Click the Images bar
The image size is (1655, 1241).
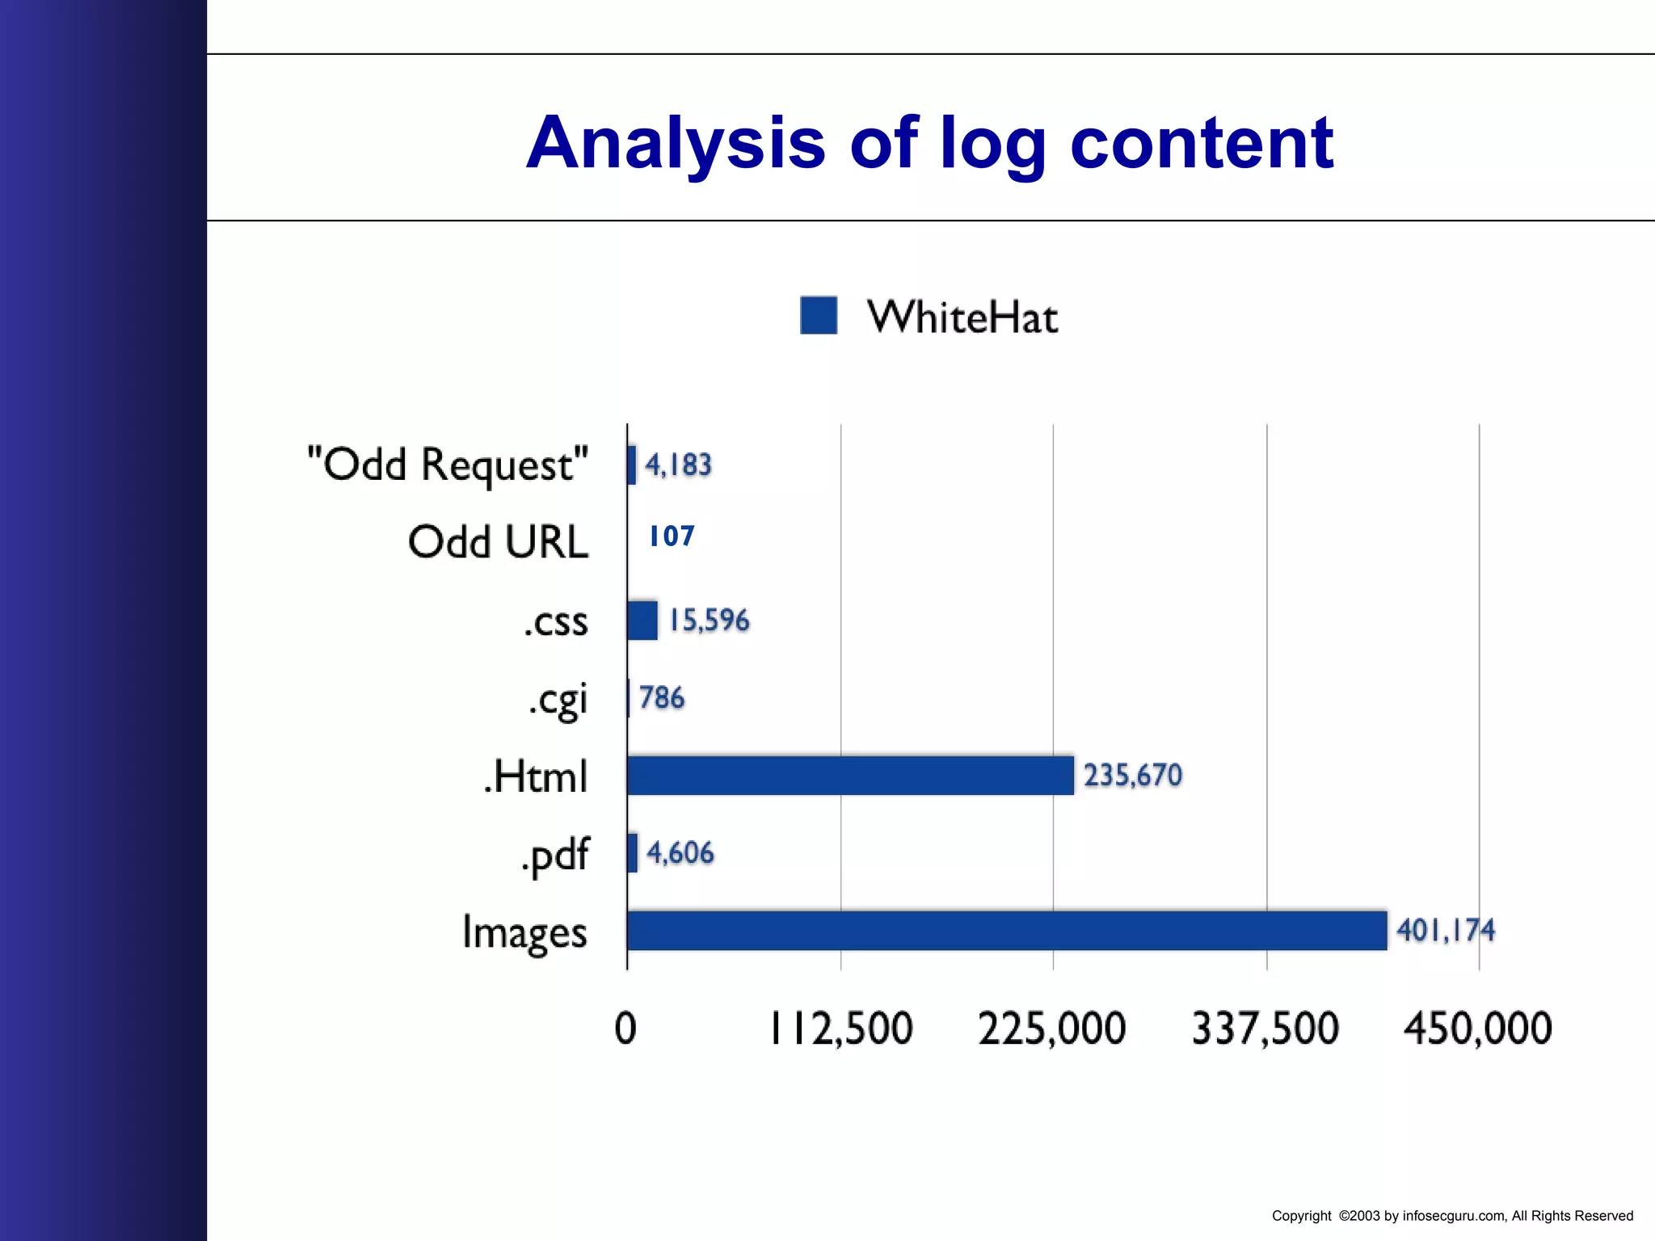click(1007, 931)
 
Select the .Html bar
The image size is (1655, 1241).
click(850, 776)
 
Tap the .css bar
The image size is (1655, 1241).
click(642, 620)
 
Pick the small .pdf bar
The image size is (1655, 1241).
click(632, 853)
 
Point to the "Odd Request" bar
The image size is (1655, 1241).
click(631, 465)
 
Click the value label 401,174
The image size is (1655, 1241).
click(1446, 931)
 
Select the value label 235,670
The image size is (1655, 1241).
click(1133, 776)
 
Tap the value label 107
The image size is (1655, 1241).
click(672, 536)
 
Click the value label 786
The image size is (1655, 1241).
click(662, 698)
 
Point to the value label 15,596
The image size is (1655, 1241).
click(710, 620)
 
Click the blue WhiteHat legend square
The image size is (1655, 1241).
click(819, 315)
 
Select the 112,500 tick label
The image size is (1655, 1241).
click(840, 1029)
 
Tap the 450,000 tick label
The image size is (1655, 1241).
click(1478, 1029)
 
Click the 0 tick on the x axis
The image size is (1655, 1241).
click(625, 1029)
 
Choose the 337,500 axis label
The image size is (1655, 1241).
click(1265, 1029)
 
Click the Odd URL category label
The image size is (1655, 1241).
click(498, 542)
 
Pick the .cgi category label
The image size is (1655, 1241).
click(558, 700)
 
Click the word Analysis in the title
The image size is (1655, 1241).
click(676, 144)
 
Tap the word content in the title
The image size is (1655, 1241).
click(1202, 144)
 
